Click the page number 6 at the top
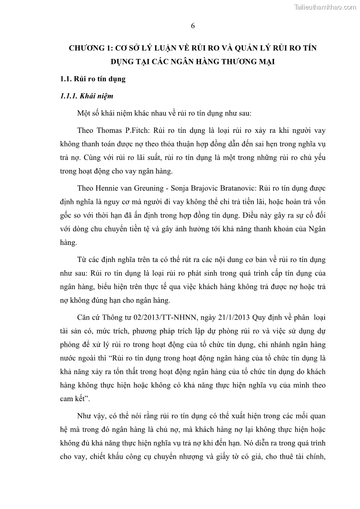coord(193,26)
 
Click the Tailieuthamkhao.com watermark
coord(325,7)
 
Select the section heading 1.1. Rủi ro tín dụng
coord(92,79)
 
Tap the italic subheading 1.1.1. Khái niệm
coord(87,96)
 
